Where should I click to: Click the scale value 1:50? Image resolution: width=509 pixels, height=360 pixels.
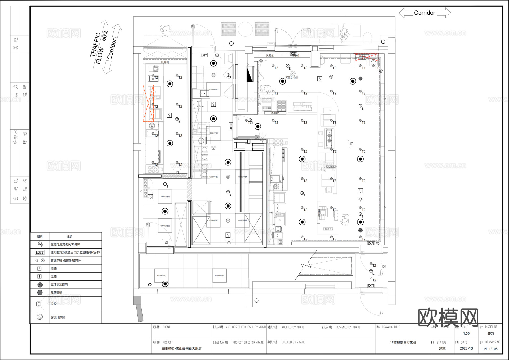coord(466,333)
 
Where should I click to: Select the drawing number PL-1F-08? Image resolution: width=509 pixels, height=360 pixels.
coord(490,349)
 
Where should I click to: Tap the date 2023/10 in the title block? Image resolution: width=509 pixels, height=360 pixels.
coord(466,348)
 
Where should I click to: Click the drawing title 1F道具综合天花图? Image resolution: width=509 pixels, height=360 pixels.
coord(403,342)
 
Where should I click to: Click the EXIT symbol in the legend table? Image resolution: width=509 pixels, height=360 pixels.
coord(40,252)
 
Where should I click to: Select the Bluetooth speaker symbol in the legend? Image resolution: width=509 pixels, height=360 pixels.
coord(40,284)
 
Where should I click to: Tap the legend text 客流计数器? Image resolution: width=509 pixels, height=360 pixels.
coord(58,317)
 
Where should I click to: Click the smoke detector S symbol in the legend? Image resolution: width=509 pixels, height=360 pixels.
coord(40,268)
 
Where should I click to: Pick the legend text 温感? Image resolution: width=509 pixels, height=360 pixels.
coord(53,277)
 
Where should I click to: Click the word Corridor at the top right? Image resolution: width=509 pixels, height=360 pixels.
coord(424,13)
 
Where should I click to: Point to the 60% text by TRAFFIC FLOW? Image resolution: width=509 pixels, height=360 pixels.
coord(105,36)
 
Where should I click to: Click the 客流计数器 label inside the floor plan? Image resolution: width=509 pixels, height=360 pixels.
coord(292,77)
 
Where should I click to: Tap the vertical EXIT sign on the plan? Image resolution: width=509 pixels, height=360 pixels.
coord(231,126)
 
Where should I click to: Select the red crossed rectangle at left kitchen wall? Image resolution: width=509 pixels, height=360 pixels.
coord(148,103)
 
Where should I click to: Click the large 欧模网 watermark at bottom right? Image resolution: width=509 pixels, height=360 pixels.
coord(448,317)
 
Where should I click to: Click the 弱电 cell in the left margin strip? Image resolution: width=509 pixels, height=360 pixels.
coord(15,44)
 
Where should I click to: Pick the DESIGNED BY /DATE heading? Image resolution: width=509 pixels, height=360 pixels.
coord(348,327)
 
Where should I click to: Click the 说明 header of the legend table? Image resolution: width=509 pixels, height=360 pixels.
coord(69,236)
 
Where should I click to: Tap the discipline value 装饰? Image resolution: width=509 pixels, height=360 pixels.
coord(490,333)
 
